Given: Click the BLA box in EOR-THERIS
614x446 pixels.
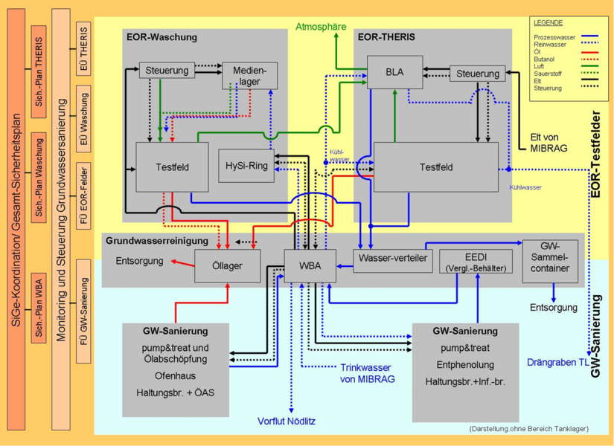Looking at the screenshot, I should coord(394,72).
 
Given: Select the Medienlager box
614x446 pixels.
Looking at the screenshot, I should coord(250,76).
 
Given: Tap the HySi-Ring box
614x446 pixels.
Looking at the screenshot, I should coord(246,166).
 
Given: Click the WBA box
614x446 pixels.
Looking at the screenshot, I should coord(310,265).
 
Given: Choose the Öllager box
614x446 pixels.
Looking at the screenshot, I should coord(228,265).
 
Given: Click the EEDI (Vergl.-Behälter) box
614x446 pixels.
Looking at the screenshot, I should coord(476,260).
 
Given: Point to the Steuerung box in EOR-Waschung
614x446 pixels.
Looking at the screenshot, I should coord(167,71).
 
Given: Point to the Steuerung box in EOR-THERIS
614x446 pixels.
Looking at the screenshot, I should coord(477,74).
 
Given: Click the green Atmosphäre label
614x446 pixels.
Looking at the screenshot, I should coord(321,27).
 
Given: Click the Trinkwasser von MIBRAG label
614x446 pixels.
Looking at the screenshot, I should coord(368,373).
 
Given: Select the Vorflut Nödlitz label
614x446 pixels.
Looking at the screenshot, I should coord(287,421).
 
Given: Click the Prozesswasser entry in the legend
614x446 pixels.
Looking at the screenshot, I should coord(554,37).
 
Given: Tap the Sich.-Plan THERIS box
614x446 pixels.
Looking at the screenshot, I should coord(39,72).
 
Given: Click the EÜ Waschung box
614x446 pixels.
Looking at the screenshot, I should coord(83,119).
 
